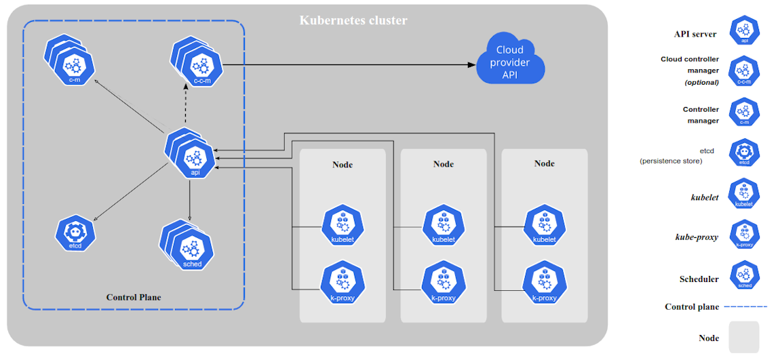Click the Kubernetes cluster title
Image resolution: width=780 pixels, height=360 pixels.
tap(353, 20)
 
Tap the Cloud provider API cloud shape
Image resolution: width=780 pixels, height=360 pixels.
tap(510, 62)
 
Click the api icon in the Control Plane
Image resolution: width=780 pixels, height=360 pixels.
tap(194, 159)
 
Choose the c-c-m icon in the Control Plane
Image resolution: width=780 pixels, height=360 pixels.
tap(199, 66)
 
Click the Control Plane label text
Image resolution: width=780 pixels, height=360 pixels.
tap(134, 297)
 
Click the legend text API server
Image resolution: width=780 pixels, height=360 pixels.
tap(695, 34)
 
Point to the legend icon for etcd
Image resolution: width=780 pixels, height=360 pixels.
tap(744, 153)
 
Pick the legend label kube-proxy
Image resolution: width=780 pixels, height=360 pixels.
tap(697, 237)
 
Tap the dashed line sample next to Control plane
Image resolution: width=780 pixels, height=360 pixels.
tap(746, 306)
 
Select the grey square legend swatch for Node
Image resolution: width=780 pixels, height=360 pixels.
tap(744, 337)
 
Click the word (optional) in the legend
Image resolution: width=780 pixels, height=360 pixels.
tap(701, 82)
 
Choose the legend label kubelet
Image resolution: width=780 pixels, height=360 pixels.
tap(704, 197)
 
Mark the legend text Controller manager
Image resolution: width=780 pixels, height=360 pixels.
tap(701, 115)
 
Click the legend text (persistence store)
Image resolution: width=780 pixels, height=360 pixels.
tap(670, 161)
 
